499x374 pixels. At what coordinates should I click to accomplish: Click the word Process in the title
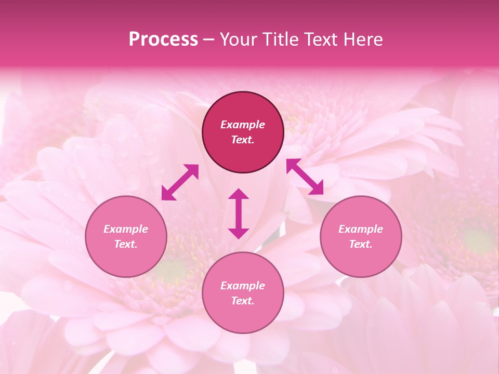click(x=163, y=39)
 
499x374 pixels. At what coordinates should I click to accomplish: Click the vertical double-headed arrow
click(x=239, y=213)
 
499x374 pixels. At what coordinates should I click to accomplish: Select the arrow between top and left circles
click(x=180, y=182)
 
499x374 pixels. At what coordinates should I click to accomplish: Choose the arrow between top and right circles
click(x=305, y=177)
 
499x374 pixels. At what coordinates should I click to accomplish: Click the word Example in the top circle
click(x=243, y=125)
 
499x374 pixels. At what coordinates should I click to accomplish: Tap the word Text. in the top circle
click(x=243, y=140)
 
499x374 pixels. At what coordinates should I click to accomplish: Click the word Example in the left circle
click(x=126, y=229)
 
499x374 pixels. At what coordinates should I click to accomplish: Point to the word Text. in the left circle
click(x=126, y=244)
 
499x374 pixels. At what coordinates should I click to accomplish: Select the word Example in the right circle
click(x=361, y=229)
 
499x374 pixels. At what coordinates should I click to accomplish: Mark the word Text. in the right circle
click(x=361, y=244)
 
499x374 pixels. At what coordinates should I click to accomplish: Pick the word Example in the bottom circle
click(x=243, y=286)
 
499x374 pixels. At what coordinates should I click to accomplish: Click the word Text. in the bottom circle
click(x=243, y=301)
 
